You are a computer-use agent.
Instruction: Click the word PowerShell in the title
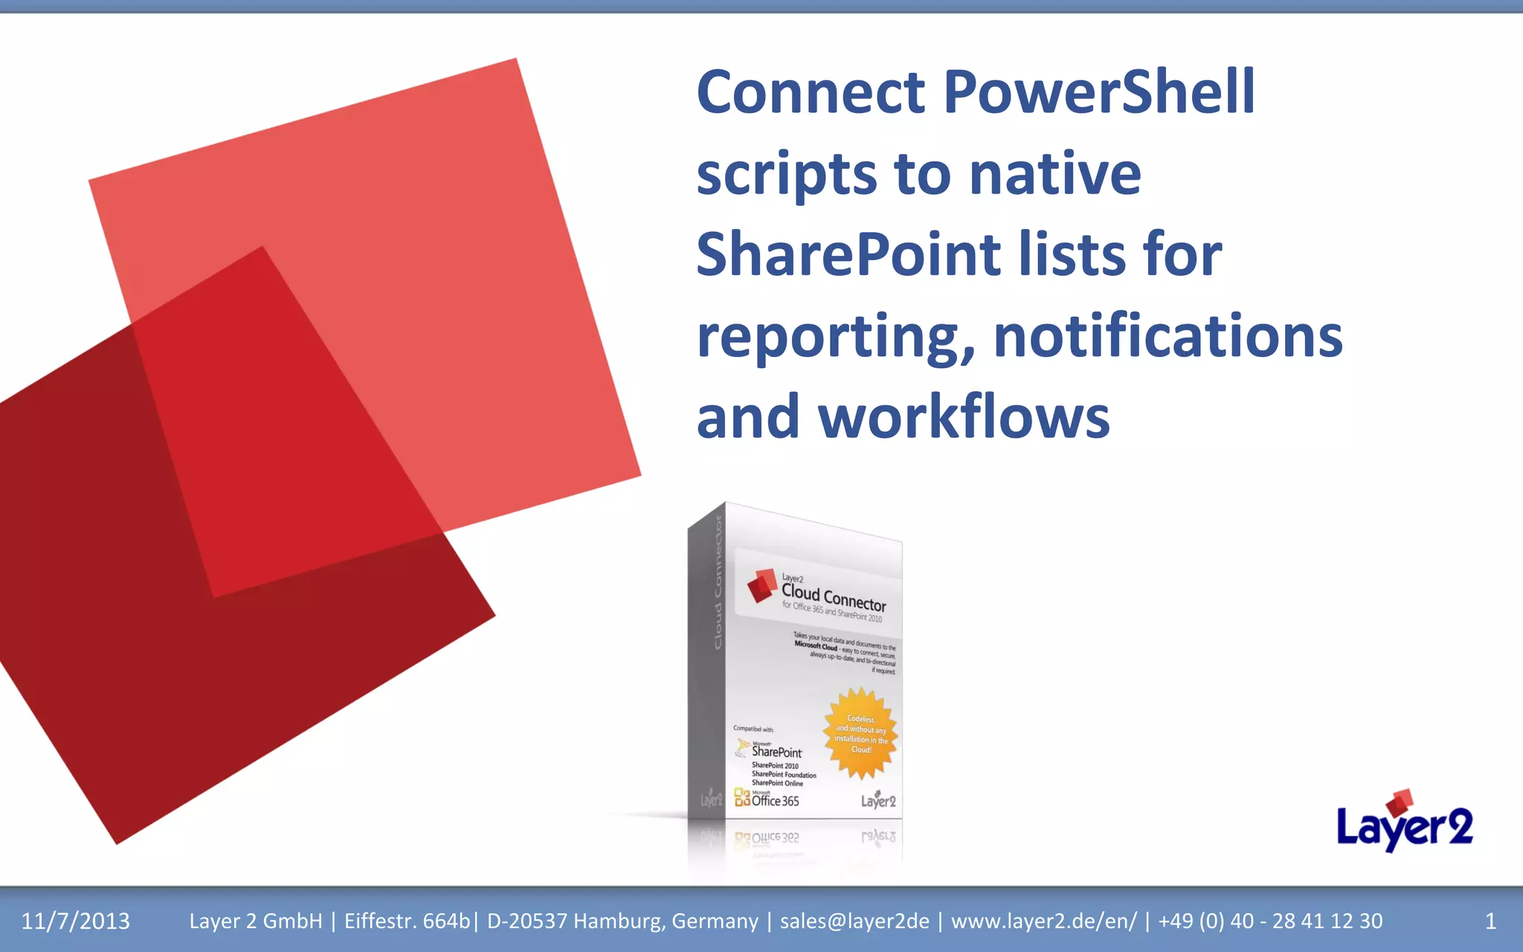tap(1099, 92)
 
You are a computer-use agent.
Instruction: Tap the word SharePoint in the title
tap(849, 254)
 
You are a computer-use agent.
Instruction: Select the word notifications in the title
tap(1168, 336)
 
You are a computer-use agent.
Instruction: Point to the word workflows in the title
tap(964, 416)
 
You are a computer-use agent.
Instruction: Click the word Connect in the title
tap(811, 92)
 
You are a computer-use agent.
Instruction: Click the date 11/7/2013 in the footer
tap(75, 922)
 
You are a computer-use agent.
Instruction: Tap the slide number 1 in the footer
tap(1490, 922)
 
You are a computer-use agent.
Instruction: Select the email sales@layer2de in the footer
tap(854, 922)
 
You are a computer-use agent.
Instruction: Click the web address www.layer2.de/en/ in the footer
tap(1043, 922)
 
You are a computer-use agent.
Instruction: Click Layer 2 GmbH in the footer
tap(256, 922)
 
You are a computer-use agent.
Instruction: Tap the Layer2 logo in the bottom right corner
tap(1404, 821)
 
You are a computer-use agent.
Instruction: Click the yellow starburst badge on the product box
tap(860, 733)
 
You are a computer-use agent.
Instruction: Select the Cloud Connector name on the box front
tap(834, 596)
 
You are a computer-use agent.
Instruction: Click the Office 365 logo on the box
tap(767, 800)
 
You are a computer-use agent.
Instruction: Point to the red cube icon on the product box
tap(761, 585)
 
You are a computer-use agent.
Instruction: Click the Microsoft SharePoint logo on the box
tap(770, 750)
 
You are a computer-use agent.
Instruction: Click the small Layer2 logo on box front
tap(878, 800)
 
